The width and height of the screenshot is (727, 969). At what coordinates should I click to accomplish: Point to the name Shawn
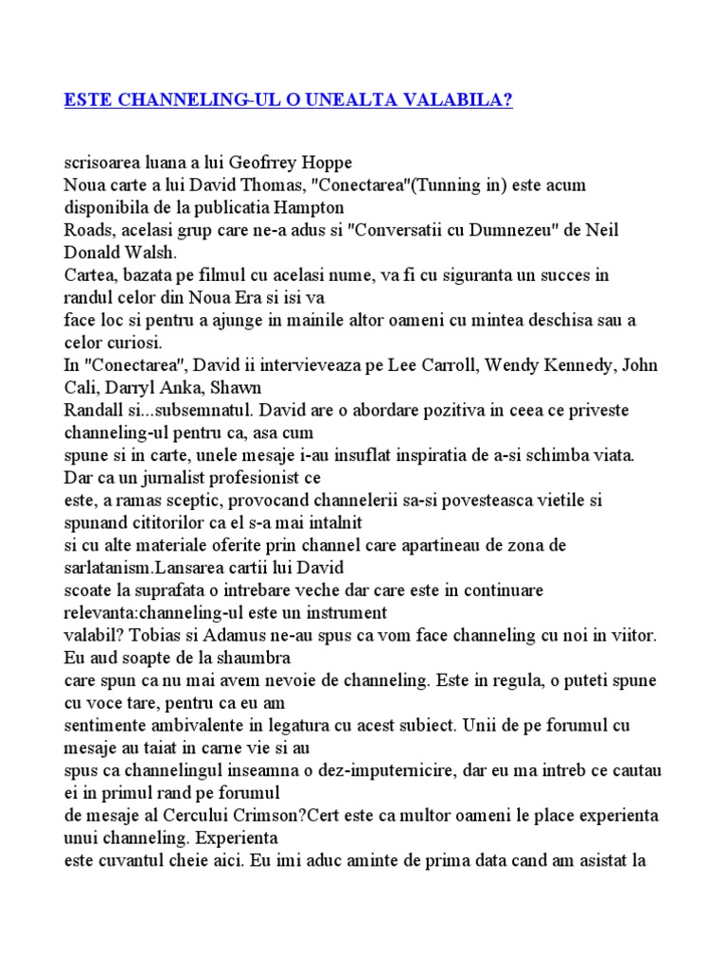[x=227, y=388]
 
